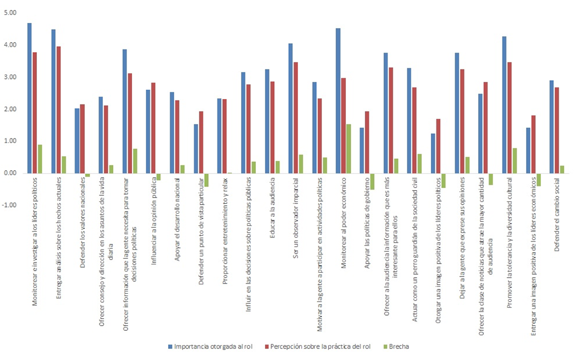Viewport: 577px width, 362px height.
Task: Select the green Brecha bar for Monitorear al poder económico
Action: [349, 148]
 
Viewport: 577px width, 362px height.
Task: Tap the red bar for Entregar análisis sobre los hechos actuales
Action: [58, 109]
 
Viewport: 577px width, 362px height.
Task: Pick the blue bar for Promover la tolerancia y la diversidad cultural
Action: [504, 105]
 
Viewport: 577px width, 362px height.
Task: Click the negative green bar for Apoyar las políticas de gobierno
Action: [372, 181]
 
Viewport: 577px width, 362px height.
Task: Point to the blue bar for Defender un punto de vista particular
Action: [196, 148]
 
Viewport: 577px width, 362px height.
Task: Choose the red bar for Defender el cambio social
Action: [557, 130]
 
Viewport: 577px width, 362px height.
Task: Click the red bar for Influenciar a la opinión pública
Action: [153, 128]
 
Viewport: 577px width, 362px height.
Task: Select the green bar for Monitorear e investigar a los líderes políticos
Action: [40, 159]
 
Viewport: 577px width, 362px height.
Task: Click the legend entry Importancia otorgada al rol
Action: [210, 346]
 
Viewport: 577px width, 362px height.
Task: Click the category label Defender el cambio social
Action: [556, 214]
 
